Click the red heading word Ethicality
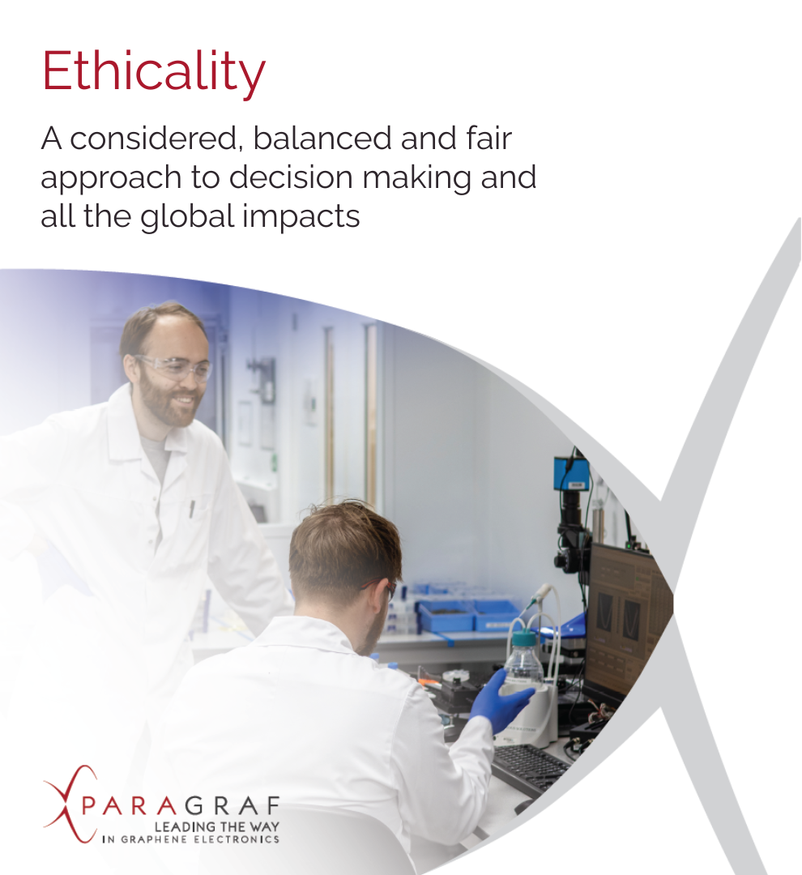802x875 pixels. [x=153, y=72]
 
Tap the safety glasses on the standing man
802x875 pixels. [x=176, y=368]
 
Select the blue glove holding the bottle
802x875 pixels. [x=497, y=701]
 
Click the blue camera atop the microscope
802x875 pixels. [x=570, y=473]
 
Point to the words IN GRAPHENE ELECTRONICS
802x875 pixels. [x=191, y=839]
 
